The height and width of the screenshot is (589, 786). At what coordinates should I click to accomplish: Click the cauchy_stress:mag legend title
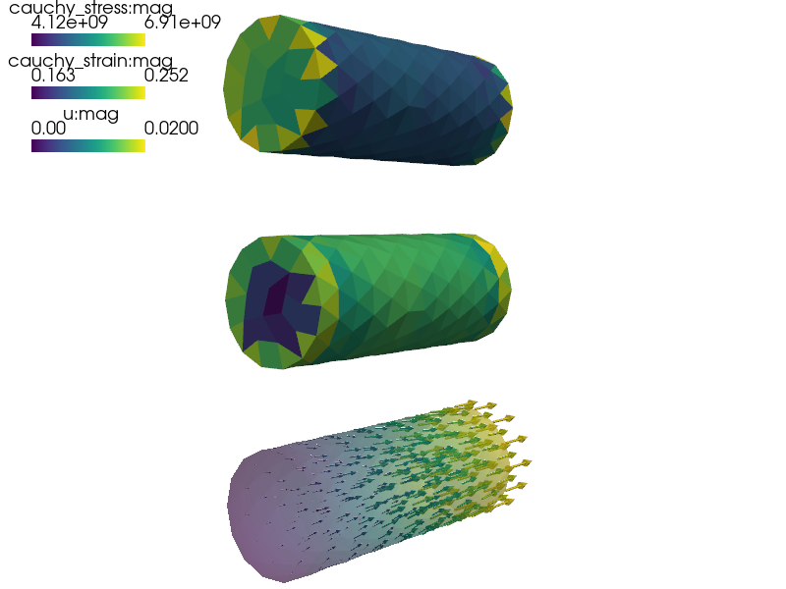[90, 8]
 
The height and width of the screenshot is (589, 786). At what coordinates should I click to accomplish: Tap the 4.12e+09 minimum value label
[69, 23]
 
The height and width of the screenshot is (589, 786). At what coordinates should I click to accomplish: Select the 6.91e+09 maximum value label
[183, 23]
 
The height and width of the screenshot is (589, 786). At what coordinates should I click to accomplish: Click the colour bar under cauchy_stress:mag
[88, 39]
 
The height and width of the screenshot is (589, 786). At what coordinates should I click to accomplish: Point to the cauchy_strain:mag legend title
[90, 61]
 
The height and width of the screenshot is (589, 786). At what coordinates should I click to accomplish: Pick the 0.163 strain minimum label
[53, 76]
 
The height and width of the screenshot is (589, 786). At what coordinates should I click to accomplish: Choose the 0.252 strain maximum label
[166, 76]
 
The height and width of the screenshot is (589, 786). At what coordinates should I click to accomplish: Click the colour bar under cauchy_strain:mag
[88, 92]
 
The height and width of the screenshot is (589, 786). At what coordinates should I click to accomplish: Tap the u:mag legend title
[90, 114]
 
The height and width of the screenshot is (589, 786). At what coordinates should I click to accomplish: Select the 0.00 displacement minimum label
[48, 129]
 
